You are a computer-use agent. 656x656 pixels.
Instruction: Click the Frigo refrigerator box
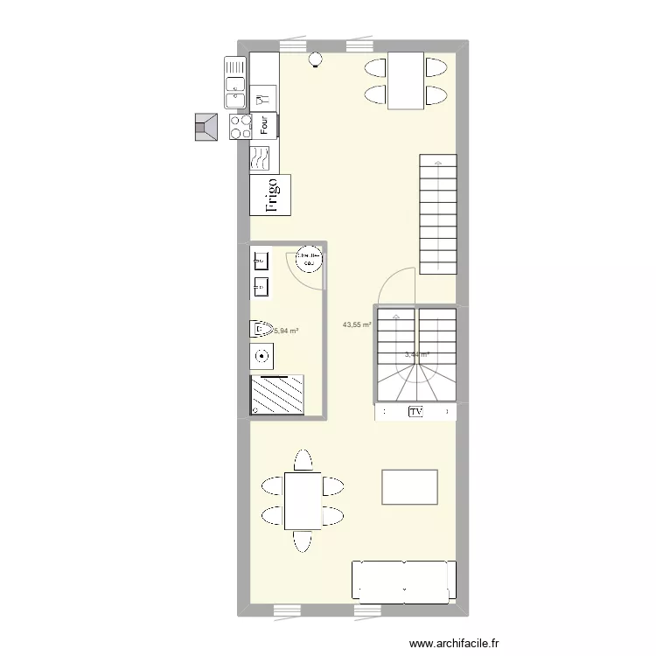point(270,195)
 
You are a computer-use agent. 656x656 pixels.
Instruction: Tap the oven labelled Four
point(264,126)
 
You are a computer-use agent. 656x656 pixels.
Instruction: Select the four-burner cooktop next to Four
point(240,126)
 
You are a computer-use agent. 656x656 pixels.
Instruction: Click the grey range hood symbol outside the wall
point(206,127)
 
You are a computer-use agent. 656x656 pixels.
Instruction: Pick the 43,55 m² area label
point(357,325)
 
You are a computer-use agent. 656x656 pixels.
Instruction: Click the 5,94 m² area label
point(286,331)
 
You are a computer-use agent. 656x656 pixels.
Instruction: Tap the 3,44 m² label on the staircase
point(416,354)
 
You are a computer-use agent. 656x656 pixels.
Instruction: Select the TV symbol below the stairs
point(415,411)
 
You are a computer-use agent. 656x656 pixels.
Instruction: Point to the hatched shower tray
point(277,394)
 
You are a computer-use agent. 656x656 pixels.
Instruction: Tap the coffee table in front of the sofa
point(409,486)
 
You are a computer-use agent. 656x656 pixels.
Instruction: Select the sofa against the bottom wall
point(404,581)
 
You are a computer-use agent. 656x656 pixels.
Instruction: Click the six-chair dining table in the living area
point(303,499)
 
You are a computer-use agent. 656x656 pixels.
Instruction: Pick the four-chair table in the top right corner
point(406,80)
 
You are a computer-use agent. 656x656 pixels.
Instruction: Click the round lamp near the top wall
point(315,59)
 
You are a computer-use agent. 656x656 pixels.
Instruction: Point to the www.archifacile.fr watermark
point(455,643)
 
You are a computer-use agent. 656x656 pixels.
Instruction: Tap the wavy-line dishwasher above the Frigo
point(262,158)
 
